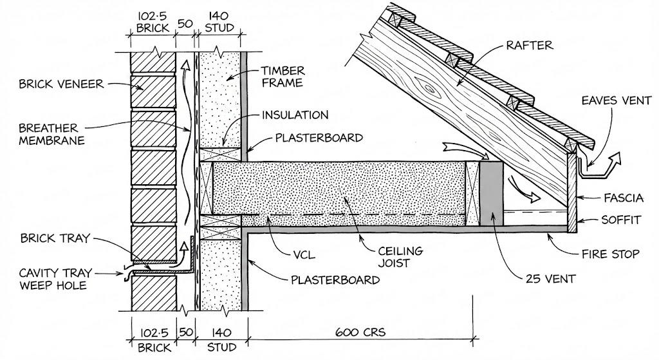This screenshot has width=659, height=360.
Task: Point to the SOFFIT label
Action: [x=622, y=220]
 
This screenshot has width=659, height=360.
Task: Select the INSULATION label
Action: [x=295, y=115]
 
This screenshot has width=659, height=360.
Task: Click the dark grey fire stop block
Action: [x=492, y=193]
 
